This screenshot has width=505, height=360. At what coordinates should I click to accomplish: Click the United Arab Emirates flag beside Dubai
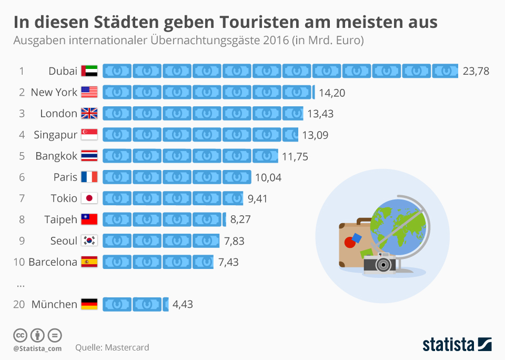click(x=89, y=71)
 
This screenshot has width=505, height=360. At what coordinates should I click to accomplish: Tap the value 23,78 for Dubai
click(x=476, y=71)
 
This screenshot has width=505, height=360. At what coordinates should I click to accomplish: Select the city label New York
click(x=54, y=92)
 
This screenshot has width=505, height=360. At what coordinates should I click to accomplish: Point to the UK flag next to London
click(x=89, y=113)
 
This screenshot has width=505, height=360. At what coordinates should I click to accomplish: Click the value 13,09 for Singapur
click(x=315, y=135)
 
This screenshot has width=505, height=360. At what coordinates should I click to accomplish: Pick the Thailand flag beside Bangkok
click(x=89, y=156)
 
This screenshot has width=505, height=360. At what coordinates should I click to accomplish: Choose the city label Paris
click(x=65, y=177)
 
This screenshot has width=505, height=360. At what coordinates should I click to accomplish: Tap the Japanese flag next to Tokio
click(x=89, y=198)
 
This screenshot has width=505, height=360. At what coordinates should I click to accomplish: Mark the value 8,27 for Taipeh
click(x=240, y=219)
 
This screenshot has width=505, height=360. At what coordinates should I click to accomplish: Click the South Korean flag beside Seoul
click(x=89, y=241)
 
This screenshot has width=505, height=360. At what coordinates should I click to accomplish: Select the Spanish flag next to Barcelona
click(x=89, y=262)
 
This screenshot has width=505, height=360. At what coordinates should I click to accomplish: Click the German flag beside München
click(x=89, y=304)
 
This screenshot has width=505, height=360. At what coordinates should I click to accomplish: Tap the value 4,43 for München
click(x=183, y=304)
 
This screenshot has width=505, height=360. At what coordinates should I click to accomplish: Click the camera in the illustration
click(x=380, y=262)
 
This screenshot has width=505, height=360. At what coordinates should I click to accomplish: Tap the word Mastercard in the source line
click(x=127, y=347)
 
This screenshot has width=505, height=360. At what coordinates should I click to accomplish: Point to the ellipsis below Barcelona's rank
click(x=21, y=285)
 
